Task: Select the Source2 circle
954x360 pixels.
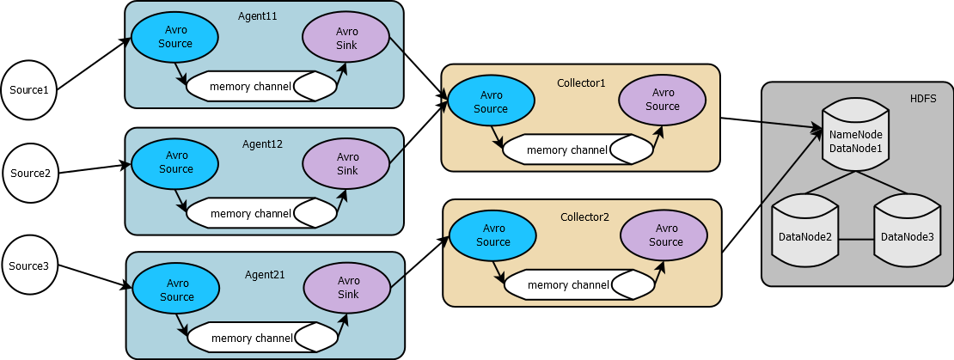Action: click(x=30, y=173)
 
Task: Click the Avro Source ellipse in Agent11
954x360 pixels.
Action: click(x=175, y=37)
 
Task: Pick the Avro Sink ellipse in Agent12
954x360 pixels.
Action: click(x=347, y=163)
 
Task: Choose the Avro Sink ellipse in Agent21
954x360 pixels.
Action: click(x=348, y=287)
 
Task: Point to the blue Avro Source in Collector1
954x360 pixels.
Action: click(x=492, y=102)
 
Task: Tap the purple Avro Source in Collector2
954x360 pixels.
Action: click(x=665, y=235)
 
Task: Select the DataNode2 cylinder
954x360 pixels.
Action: click(x=804, y=235)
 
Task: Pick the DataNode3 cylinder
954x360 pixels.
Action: click(x=907, y=235)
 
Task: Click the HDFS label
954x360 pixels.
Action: click(x=923, y=99)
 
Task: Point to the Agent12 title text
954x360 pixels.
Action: click(x=262, y=143)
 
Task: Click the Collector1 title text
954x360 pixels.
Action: click(x=581, y=82)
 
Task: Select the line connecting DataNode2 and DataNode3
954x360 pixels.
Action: click(x=856, y=238)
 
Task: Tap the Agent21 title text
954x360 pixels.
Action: click(x=263, y=274)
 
